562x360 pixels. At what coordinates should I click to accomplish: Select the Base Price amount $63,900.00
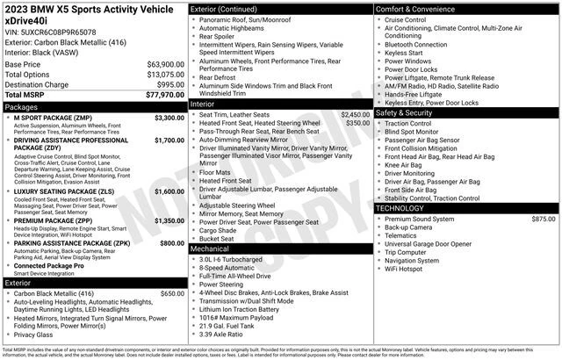159,64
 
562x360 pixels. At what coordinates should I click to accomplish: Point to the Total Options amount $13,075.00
159,75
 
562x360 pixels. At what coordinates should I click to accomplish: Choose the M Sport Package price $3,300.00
163,117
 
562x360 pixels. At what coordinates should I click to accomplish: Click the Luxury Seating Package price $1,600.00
163,191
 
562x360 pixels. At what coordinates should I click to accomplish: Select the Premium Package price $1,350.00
163,220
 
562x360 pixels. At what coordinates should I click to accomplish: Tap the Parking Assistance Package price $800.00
166,242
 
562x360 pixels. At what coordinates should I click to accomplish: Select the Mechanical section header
210,248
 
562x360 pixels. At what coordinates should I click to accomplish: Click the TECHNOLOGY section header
405,208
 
